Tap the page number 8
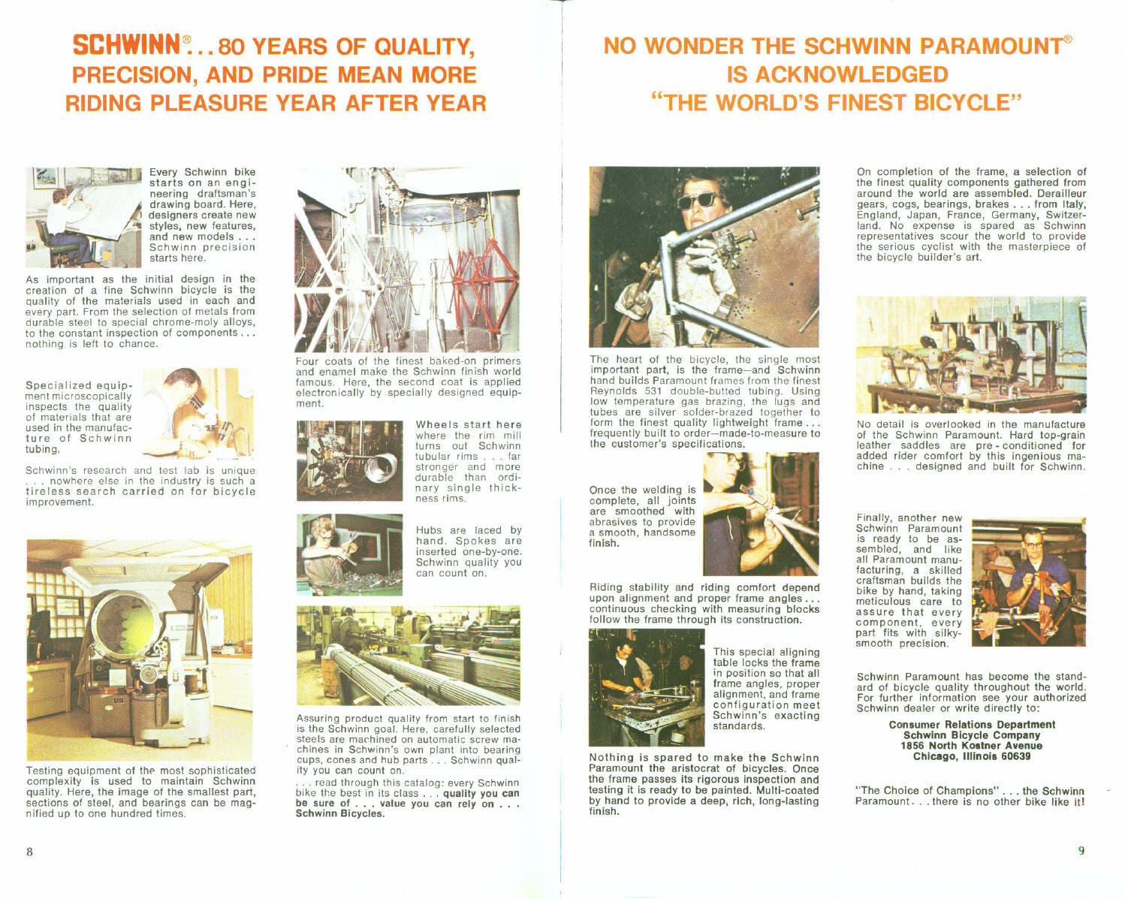click(29, 851)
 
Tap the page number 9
click(1081, 850)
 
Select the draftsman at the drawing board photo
click(83, 216)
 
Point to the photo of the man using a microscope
click(198, 413)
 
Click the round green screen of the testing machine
click(125, 626)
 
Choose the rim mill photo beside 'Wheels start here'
click(349, 460)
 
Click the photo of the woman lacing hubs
click(349, 554)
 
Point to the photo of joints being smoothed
click(760, 513)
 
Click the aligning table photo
click(646, 687)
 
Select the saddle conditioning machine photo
click(970, 354)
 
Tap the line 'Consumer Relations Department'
click(972, 725)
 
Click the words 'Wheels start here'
click(468, 425)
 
